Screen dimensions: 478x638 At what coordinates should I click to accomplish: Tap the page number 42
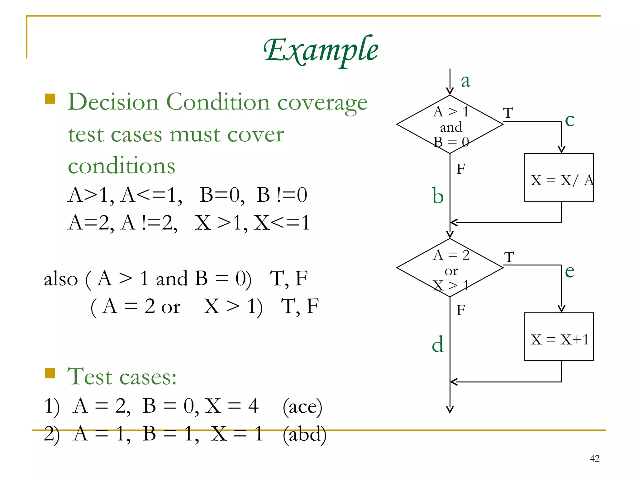[x=594, y=458]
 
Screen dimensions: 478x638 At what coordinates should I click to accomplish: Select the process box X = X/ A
[x=559, y=177]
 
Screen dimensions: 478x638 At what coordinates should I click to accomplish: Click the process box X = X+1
[x=559, y=337]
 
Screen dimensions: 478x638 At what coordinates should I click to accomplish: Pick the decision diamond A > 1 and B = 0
[x=450, y=124]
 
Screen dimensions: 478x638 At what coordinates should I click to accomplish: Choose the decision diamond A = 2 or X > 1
[x=450, y=268]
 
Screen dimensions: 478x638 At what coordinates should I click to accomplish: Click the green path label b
[x=438, y=196]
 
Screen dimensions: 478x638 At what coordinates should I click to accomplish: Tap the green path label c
[x=570, y=120]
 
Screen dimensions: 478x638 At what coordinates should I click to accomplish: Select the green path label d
[x=438, y=344]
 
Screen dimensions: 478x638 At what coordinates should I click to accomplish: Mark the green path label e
[x=570, y=271]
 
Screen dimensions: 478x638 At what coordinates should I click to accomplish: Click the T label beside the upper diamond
[x=508, y=113]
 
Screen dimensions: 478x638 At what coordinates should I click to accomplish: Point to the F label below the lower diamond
[x=461, y=310]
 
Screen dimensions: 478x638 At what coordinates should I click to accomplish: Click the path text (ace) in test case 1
[x=302, y=406]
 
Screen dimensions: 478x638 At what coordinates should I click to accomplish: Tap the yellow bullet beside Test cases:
[x=50, y=373]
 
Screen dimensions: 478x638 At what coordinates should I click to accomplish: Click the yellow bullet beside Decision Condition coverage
[x=50, y=99]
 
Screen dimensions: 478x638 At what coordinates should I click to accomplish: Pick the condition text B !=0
[x=282, y=195]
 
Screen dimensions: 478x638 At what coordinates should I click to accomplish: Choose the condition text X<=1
[x=282, y=223]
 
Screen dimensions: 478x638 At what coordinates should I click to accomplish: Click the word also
[x=61, y=279]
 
